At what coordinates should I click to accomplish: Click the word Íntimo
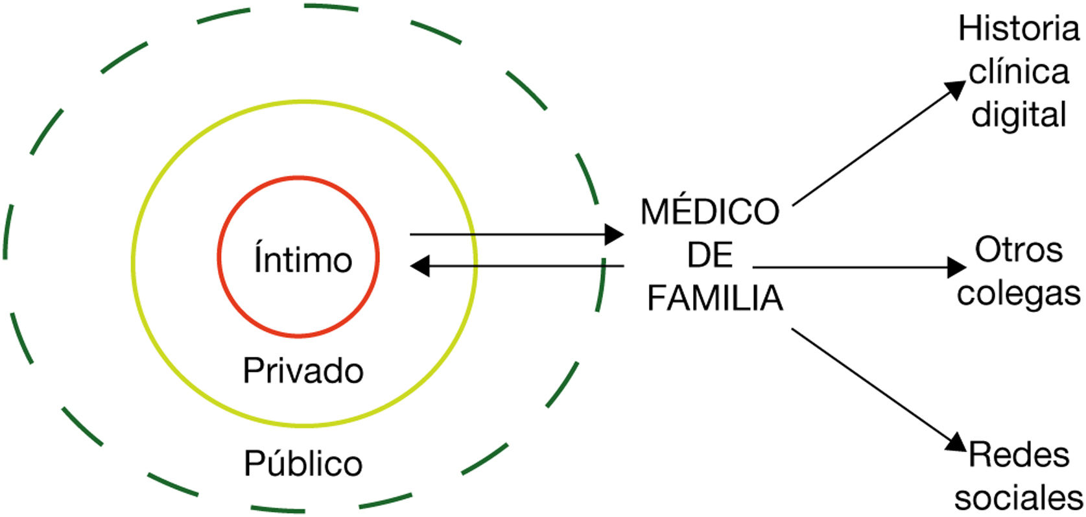pos(302,259)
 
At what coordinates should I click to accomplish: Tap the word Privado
pos(303,371)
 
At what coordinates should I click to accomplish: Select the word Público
pos(303,463)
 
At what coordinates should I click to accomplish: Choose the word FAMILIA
pos(715,298)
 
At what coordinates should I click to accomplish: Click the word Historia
pos(1018,30)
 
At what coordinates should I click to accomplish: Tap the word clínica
pos(1018,72)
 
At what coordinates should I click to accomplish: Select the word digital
pos(1018,115)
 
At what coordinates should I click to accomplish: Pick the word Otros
pos(1019,250)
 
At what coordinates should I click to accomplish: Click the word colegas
pos(1019,293)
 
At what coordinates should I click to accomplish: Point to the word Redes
pos(1019,455)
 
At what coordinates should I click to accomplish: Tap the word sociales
pos(1019,498)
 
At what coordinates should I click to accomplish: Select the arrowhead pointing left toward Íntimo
pos(420,265)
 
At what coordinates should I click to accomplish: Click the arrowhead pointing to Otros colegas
pos(957,267)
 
